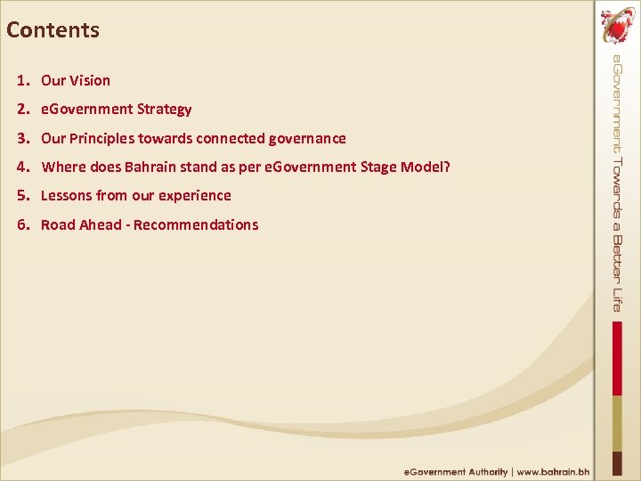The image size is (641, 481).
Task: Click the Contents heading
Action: [x=53, y=30]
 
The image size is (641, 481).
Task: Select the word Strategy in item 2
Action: [x=164, y=110]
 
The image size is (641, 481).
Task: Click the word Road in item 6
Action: [x=58, y=225]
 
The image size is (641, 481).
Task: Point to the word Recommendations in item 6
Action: [x=198, y=225]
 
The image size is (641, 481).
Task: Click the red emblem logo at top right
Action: [x=616, y=27]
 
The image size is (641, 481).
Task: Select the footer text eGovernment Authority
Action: [x=456, y=472]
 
